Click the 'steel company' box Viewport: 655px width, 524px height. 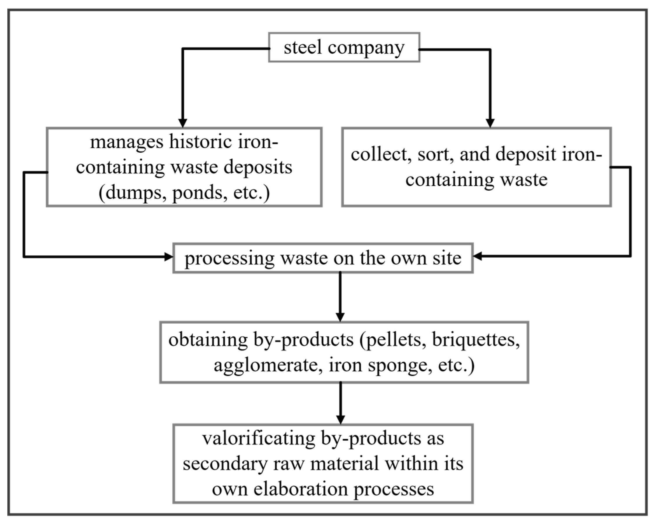point(344,48)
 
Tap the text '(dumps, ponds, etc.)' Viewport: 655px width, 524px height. point(184,192)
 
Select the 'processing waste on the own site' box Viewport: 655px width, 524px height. point(323,258)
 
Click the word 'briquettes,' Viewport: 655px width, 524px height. point(476,340)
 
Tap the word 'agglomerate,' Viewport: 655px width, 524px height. point(268,365)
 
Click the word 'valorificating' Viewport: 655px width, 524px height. point(259,438)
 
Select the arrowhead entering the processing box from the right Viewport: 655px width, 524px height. point(478,256)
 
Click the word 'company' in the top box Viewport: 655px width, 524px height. point(366,48)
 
